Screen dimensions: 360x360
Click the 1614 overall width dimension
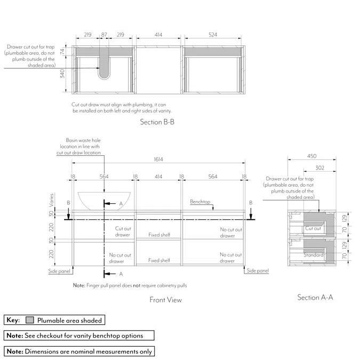158,159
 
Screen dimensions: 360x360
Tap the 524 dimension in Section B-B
213,35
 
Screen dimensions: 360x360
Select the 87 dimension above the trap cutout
104,35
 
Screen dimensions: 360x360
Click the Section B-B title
157,122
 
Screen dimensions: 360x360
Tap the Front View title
165,300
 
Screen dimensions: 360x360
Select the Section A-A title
315,297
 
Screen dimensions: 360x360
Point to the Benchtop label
201,202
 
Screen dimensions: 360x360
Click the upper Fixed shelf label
159,235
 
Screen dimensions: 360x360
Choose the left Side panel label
59,271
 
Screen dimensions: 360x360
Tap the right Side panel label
258,271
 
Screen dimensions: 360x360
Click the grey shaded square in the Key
30,321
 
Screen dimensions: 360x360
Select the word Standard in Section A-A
313,255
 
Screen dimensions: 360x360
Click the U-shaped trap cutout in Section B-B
104,68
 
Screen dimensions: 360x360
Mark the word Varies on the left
52,199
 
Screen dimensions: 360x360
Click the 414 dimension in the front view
158,176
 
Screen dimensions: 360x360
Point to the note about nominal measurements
79,351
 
